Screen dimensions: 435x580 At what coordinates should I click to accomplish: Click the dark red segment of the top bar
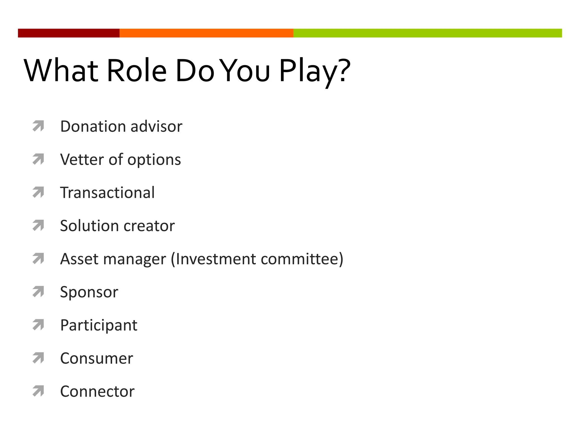69,33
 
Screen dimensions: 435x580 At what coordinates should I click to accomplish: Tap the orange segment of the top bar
206,33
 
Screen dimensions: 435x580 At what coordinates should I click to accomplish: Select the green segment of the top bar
428,33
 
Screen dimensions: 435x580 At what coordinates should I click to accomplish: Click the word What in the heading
61,71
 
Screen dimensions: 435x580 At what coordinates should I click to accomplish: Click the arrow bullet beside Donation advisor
38,126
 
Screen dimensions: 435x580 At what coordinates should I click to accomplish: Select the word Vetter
82,159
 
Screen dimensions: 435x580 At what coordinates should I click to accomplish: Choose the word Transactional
107,193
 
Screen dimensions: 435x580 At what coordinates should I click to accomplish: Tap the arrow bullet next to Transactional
38,192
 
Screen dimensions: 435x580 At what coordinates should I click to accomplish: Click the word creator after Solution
149,226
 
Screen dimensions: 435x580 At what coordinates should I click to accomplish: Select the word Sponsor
89,293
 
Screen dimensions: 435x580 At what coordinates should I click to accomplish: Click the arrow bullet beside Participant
38,325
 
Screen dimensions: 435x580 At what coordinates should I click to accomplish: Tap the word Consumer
97,359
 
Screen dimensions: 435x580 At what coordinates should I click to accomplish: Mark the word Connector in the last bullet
97,392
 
